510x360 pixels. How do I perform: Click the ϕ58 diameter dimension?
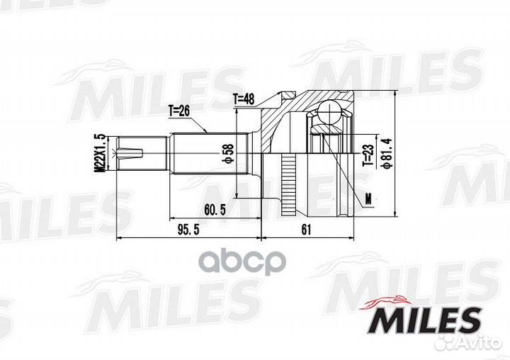point(229,152)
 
